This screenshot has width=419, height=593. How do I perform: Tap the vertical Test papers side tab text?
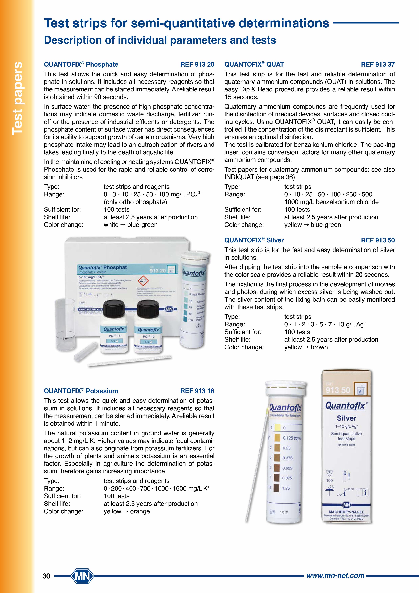(18, 98)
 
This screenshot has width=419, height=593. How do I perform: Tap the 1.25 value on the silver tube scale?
(286, 488)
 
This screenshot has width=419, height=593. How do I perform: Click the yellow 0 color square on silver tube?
(277, 428)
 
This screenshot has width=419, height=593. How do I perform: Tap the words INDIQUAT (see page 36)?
(259, 177)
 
